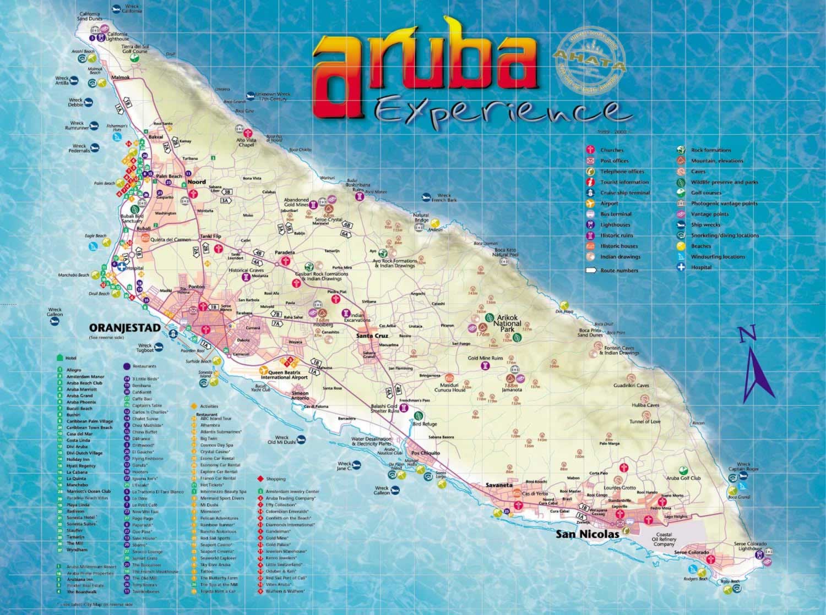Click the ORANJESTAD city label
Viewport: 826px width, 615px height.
pyautogui.click(x=125, y=328)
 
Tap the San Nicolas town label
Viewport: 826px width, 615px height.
pyautogui.click(x=587, y=534)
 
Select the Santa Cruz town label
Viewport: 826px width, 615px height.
pyautogui.click(x=372, y=336)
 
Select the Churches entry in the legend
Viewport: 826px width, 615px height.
pyautogui.click(x=612, y=150)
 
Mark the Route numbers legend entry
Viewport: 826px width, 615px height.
pyautogui.click(x=619, y=271)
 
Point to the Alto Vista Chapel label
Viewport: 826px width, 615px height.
pyautogui.click(x=246, y=143)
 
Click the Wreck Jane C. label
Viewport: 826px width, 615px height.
pyautogui.click(x=344, y=466)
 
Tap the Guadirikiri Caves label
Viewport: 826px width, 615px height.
pyautogui.click(x=631, y=386)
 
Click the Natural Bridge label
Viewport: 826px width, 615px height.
pyautogui.click(x=421, y=218)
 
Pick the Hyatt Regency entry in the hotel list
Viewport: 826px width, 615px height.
pyautogui.click(x=81, y=466)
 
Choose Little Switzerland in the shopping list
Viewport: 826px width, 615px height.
pyautogui.click(x=283, y=565)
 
